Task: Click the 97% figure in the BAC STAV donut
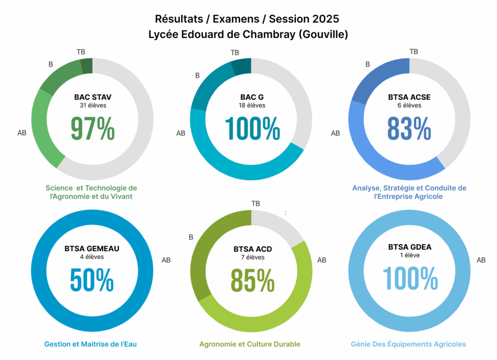click(x=93, y=128)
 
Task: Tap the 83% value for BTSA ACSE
click(x=409, y=128)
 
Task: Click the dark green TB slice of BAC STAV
click(x=87, y=66)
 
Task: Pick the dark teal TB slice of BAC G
click(x=242, y=66)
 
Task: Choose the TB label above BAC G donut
click(x=235, y=52)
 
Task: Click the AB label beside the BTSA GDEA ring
click(x=481, y=260)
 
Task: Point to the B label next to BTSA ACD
click(x=191, y=237)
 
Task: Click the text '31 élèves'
click(x=93, y=105)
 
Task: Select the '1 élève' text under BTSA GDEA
click(x=410, y=255)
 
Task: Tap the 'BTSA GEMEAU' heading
click(x=92, y=249)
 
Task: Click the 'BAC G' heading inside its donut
click(x=252, y=97)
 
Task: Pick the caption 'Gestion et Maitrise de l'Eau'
click(x=91, y=344)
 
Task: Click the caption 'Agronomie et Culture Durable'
click(x=249, y=344)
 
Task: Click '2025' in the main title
click(x=325, y=19)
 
